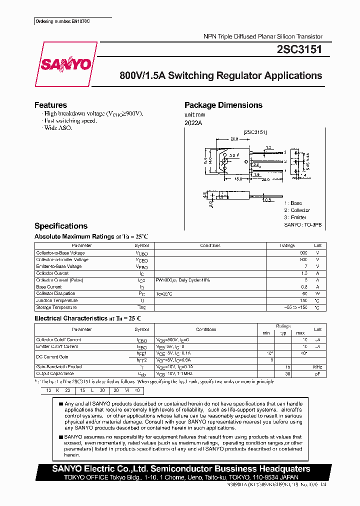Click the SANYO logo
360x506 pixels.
click(x=65, y=64)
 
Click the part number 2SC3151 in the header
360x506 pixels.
click(x=299, y=50)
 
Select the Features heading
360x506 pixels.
click(x=50, y=105)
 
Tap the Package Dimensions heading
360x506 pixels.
click(x=223, y=105)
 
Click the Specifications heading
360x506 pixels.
click(x=61, y=226)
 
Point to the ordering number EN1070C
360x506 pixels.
click(x=65, y=22)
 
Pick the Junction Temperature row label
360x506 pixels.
click(x=57, y=300)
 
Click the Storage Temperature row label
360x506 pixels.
click(x=56, y=307)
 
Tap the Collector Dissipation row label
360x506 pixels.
click(x=55, y=293)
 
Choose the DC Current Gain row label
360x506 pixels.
click(x=52, y=357)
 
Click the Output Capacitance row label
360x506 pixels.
click(x=54, y=373)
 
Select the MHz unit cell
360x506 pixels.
click(x=317, y=367)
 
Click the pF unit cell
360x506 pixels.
click(x=317, y=374)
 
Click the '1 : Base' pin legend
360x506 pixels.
click(x=293, y=203)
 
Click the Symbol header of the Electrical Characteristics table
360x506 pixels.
click(x=141, y=329)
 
